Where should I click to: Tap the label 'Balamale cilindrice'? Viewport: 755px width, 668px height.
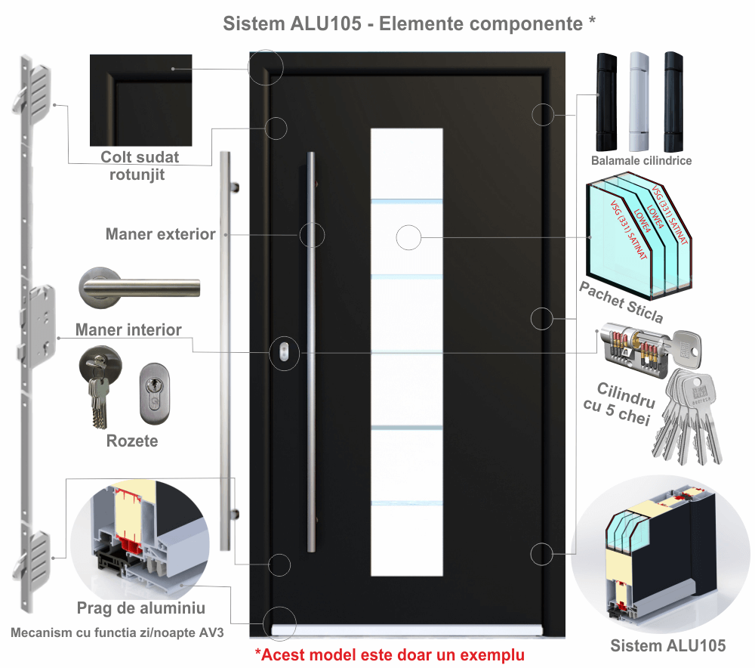click(642, 161)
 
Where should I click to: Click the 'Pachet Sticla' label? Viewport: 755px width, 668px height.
click(621, 300)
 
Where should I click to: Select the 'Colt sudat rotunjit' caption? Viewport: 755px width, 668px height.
click(140, 165)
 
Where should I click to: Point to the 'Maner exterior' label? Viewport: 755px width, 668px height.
click(161, 234)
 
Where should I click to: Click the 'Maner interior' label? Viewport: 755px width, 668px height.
click(128, 329)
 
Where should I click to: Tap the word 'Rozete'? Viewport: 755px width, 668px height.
click(132, 441)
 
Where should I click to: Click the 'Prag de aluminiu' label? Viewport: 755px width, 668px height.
click(141, 608)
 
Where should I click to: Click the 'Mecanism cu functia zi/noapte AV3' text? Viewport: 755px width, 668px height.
click(118, 632)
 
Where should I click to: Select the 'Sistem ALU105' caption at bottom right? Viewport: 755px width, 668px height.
click(667, 645)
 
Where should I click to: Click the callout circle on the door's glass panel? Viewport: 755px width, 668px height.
click(408, 238)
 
